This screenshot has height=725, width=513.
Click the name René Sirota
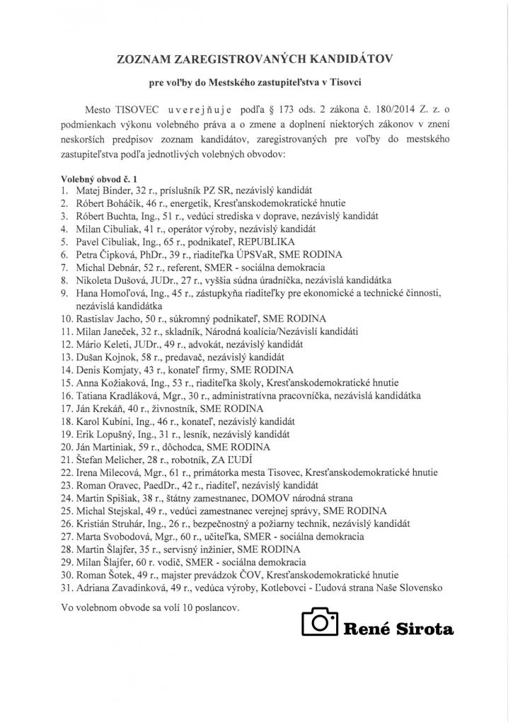coord(398,627)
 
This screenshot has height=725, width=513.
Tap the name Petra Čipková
coord(100,254)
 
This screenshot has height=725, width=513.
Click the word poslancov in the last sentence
coord(219,607)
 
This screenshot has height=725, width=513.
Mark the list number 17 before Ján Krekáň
coord(64,408)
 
